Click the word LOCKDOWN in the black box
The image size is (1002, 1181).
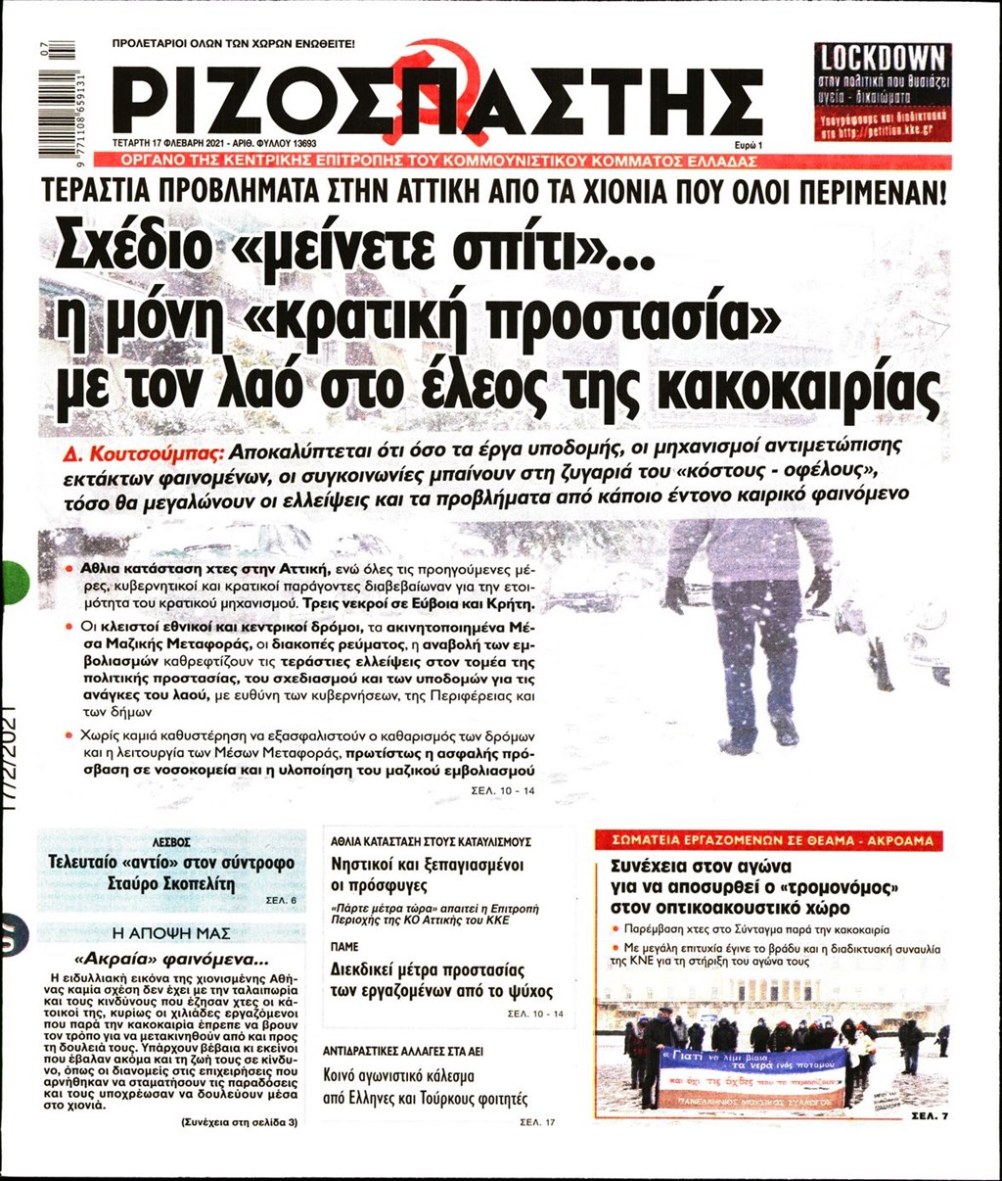pyautogui.click(x=883, y=57)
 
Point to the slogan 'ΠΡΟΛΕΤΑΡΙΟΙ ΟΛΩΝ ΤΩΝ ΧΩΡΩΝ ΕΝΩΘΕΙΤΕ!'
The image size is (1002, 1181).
pyautogui.click(x=234, y=44)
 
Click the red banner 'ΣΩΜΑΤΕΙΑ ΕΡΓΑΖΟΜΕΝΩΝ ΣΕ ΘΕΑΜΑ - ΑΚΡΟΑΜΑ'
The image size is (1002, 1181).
pyautogui.click(x=771, y=840)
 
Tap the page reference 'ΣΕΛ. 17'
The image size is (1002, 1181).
pyautogui.click(x=537, y=1121)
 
